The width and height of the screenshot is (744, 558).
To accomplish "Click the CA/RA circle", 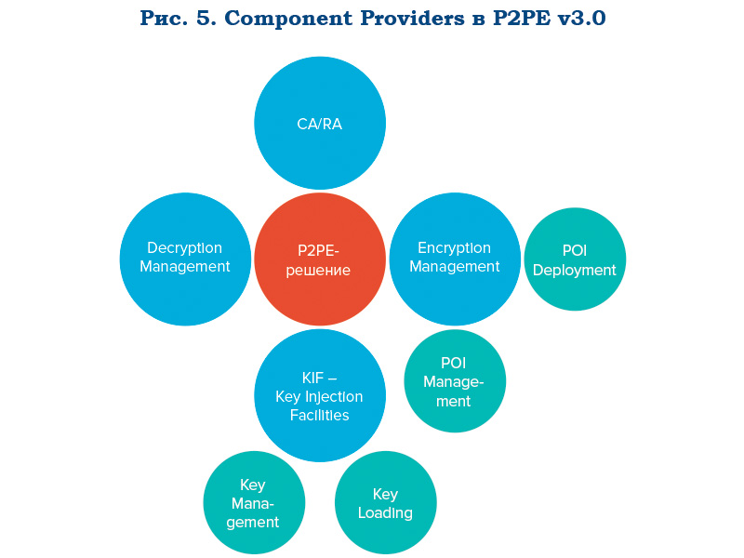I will click(320, 124).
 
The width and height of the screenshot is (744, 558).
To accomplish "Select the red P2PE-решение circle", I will click(320, 259).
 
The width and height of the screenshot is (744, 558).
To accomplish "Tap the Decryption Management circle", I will click(185, 259).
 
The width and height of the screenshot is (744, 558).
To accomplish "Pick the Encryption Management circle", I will click(455, 259).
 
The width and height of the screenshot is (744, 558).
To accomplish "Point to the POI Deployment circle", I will click(575, 259).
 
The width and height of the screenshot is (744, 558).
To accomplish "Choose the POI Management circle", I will click(455, 380).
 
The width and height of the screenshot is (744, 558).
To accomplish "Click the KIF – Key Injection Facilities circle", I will click(320, 395).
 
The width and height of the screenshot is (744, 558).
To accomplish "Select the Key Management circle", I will click(254, 503).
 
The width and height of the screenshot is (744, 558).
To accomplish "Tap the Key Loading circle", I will click(385, 503).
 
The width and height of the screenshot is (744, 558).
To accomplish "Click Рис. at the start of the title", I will click(163, 20).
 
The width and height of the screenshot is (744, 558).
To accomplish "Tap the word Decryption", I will click(185, 248).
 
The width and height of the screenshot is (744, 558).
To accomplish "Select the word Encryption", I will click(455, 248).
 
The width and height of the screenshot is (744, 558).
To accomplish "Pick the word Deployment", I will click(575, 271).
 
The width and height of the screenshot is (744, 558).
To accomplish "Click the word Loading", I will click(385, 513).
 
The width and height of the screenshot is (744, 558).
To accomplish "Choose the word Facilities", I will click(320, 416).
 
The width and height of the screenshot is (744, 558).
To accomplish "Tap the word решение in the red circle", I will click(320, 271).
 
